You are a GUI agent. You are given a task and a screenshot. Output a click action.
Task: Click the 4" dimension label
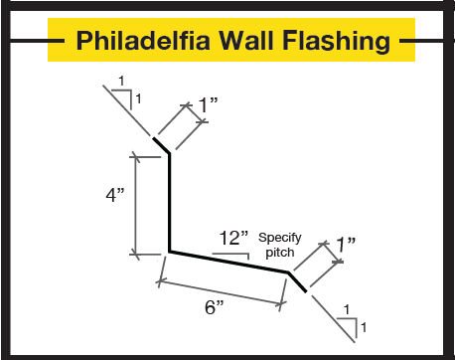click(114, 195)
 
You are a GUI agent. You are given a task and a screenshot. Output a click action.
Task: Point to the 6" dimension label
click(214, 307)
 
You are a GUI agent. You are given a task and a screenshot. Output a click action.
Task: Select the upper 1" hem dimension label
click(207, 103)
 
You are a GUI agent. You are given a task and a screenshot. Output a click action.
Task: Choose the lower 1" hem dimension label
click(345, 244)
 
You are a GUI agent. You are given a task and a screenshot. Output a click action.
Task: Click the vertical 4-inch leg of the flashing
click(169, 204)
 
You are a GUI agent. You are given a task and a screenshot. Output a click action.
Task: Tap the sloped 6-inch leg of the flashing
click(229, 262)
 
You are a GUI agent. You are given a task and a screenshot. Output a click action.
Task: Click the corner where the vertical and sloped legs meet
click(170, 252)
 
